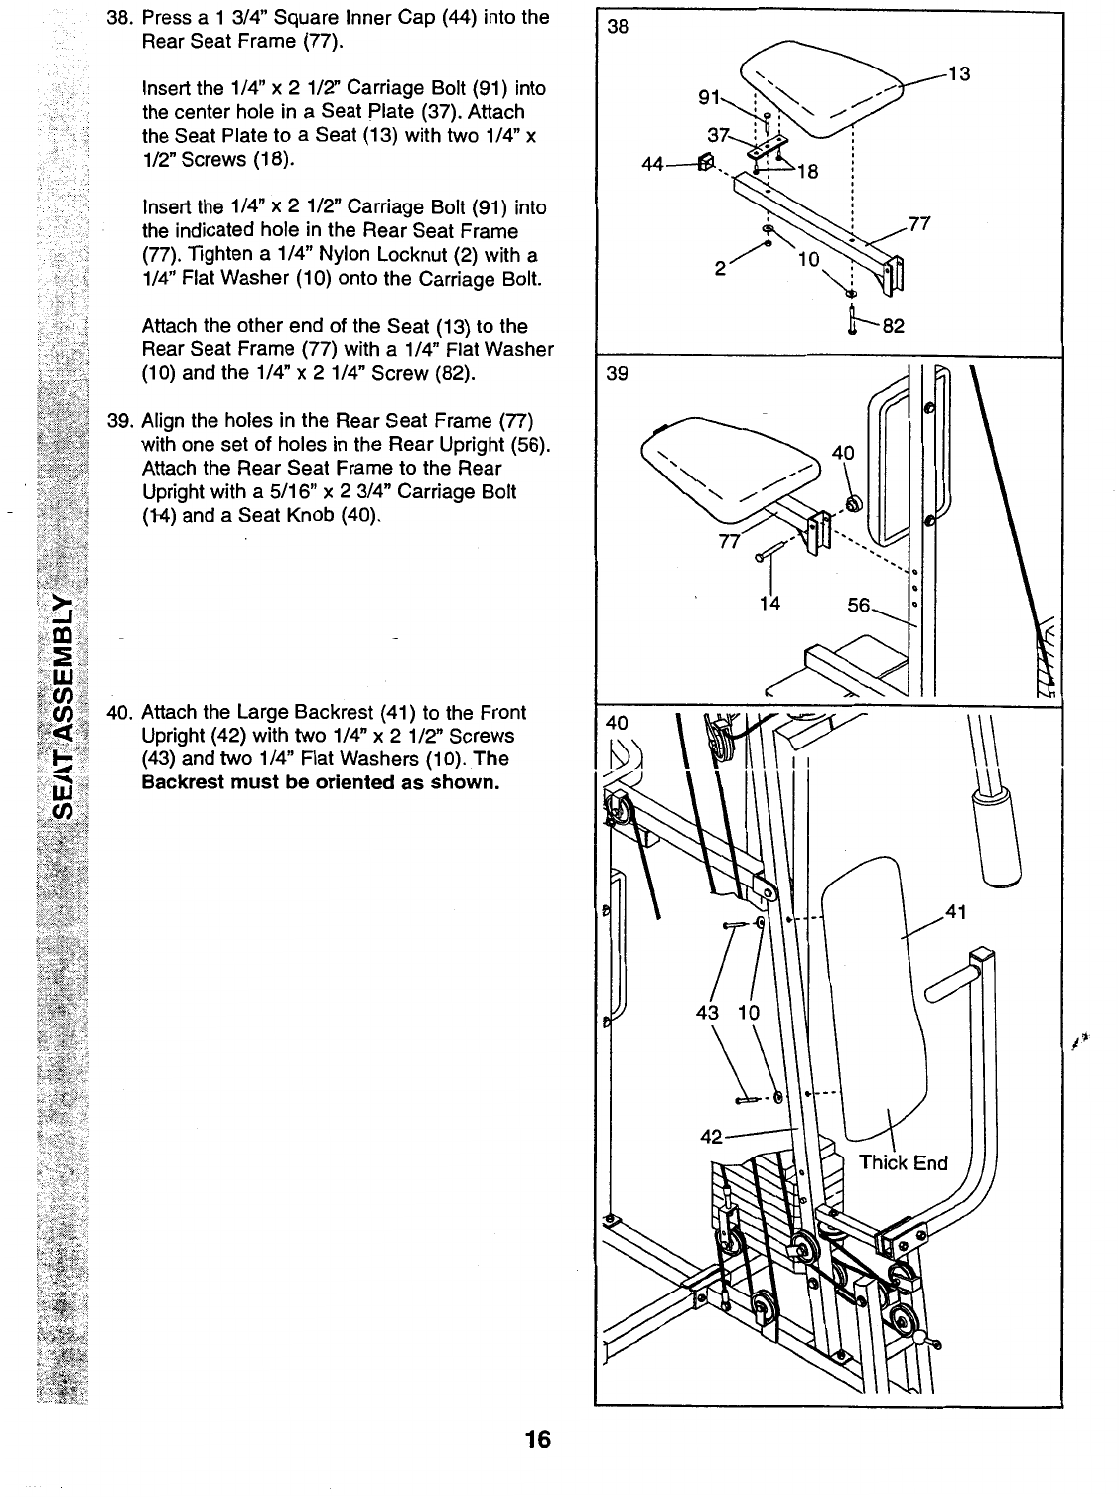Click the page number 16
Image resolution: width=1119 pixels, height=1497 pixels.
[539, 1439]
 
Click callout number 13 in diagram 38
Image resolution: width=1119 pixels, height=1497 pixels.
[958, 73]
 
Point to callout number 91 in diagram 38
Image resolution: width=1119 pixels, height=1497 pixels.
[708, 97]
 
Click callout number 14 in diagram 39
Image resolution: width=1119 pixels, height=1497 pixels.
[769, 603]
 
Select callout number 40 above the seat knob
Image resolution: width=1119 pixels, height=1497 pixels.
[843, 453]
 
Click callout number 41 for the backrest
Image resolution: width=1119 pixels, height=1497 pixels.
[957, 911]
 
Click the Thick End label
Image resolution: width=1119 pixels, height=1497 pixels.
[903, 1163]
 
